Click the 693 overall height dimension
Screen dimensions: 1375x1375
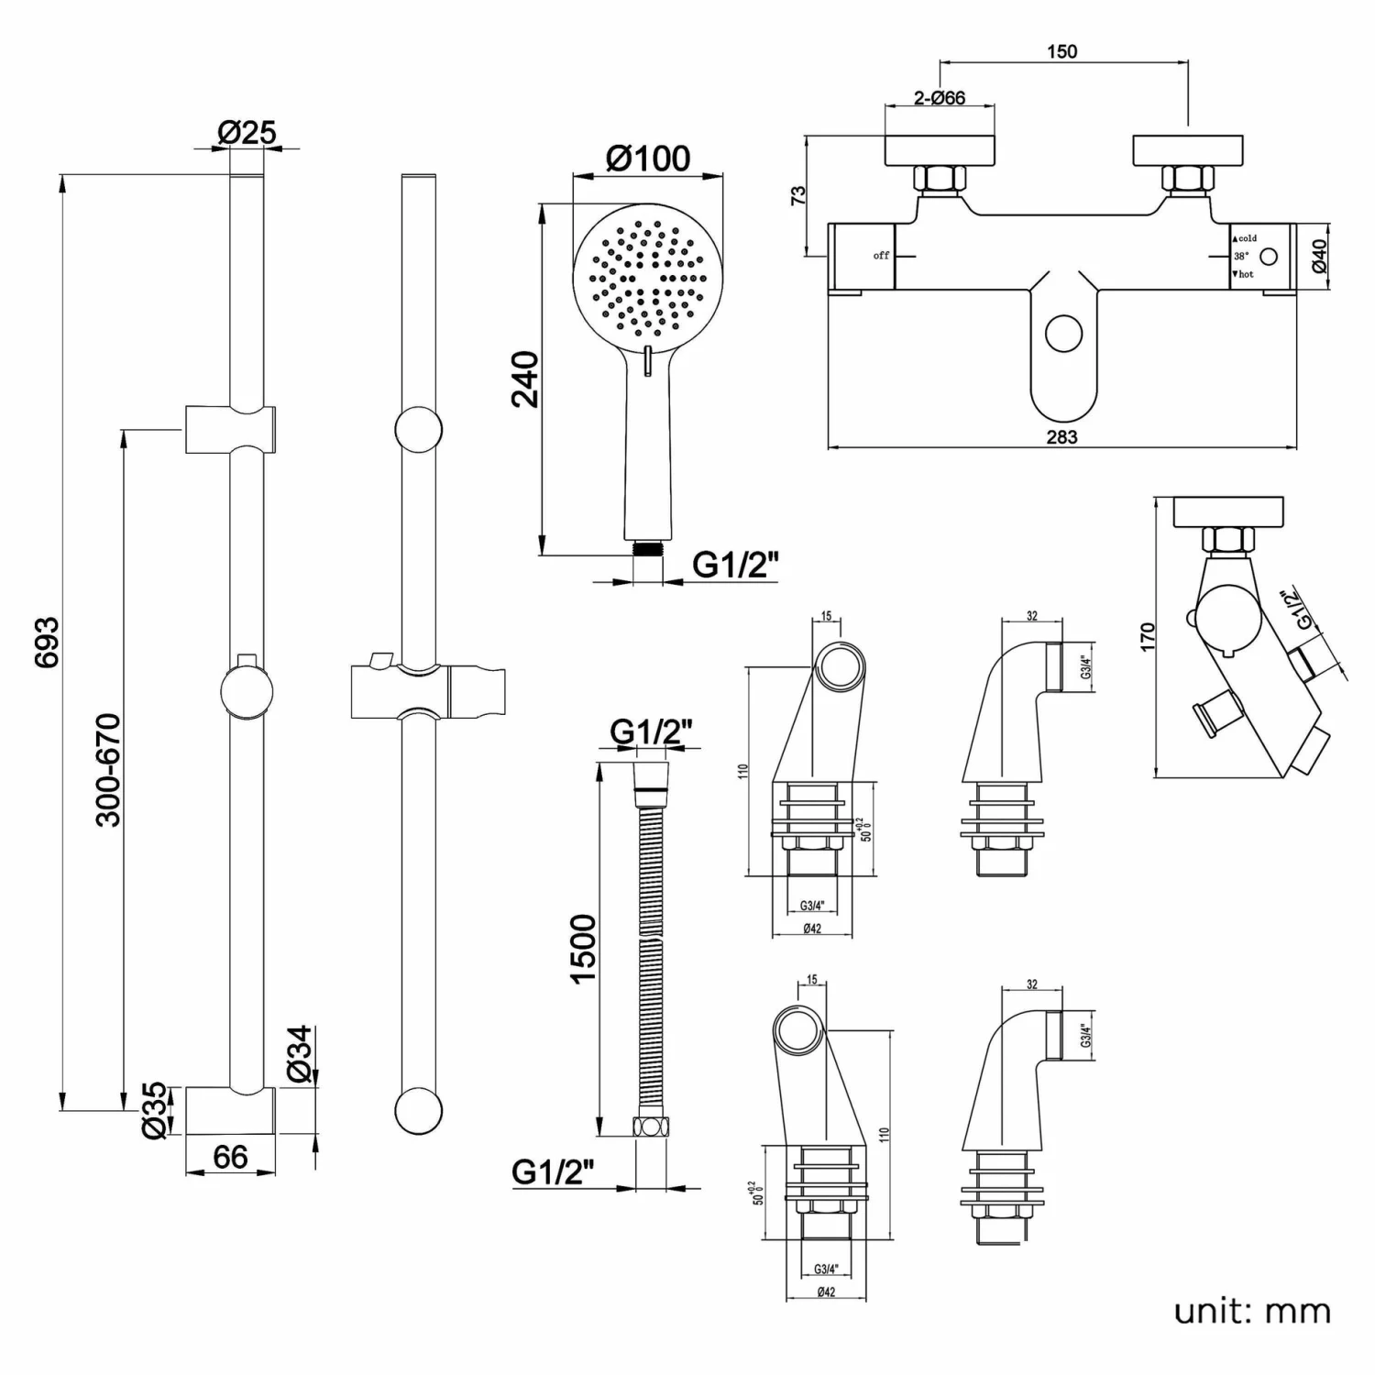(x=47, y=641)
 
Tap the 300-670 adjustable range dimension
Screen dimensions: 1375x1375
(x=108, y=770)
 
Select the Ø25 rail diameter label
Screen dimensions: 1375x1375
(x=246, y=133)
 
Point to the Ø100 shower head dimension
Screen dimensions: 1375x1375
(x=648, y=159)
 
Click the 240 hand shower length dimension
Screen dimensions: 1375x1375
(x=525, y=378)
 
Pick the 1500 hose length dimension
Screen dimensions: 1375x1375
(x=583, y=948)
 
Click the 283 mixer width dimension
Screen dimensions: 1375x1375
(x=1061, y=437)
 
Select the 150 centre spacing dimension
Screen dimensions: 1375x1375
(x=1061, y=52)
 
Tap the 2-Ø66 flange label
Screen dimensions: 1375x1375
(x=940, y=98)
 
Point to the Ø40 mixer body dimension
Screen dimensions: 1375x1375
(x=1319, y=256)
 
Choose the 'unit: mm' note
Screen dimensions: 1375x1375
(x=1252, y=1311)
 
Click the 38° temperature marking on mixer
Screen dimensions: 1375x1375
(x=1240, y=257)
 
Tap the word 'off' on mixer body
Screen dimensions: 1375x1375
(x=881, y=256)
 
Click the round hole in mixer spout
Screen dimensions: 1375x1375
(x=1064, y=334)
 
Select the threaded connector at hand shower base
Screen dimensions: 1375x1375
(x=648, y=548)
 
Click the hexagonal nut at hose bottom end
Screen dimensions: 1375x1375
(x=648, y=1127)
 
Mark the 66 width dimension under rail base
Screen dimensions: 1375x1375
(x=230, y=1158)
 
